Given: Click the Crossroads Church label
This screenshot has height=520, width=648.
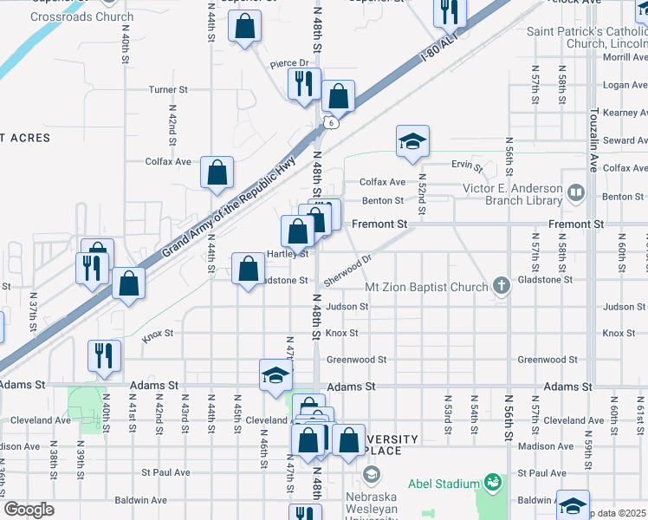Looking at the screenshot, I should coord(81,17).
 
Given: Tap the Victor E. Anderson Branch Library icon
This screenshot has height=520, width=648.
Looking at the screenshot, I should coord(575,191).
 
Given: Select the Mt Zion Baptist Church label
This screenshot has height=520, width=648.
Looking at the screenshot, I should coord(427,286).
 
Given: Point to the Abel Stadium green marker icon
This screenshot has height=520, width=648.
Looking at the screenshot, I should coord(493,481).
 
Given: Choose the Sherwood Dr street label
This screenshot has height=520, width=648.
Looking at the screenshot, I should coord(347,270).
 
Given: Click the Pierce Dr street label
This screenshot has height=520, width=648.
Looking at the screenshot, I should coord(289,63).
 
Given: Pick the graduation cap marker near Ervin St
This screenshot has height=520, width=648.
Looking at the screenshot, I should coord(413,140).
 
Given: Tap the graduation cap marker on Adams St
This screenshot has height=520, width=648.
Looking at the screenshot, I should coord(276,374).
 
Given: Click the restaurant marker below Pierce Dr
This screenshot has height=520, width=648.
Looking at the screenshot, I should coord(304,84).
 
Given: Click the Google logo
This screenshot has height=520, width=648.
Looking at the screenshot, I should coord(29,510).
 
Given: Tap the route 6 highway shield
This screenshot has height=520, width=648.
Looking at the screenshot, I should coord(331,123).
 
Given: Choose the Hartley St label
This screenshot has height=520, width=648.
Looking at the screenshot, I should coord(288,254).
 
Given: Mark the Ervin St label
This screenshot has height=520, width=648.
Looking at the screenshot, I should coord(465,165).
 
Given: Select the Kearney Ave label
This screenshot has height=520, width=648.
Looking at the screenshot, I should coord(625,113).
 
